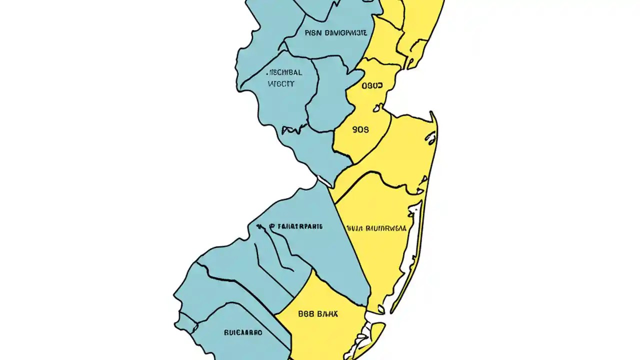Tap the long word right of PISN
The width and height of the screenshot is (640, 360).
click(x=346, y=33)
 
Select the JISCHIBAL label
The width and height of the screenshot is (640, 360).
click(x=284, y=72)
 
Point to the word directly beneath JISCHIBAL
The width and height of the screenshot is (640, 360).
click(x=281, y=84)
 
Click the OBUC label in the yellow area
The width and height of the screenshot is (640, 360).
click(x=371, y=86)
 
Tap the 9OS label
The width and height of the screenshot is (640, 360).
click(x=360, y=129)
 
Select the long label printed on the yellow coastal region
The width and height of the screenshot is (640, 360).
click(x=376, y=228)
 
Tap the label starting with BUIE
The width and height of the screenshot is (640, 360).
click(x=243, y=332)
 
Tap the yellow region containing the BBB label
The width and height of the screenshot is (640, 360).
click(x=320, y=330)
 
